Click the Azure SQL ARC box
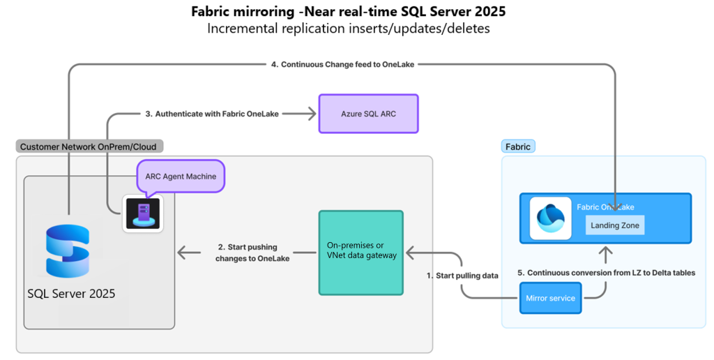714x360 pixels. [368, 114]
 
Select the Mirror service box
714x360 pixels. [551, 298]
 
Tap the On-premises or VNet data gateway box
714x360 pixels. [360, 252]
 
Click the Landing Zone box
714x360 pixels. [614, 225]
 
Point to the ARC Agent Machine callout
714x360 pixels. [181, 176]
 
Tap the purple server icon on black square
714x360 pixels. [143, 213]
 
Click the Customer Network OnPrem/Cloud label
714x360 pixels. [89, 147]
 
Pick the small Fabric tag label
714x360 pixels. [518, 147]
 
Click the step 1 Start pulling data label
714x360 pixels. [462, 276]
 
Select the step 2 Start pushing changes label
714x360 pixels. [248, 253]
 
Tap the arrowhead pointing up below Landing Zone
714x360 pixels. [606, 250]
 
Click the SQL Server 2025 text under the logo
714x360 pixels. [71, 294]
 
